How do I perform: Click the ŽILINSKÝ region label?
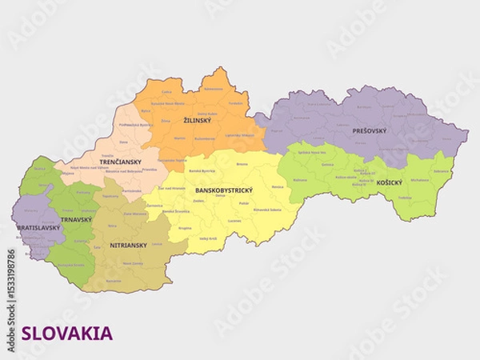click(x=197, y=121)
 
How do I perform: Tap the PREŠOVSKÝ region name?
click(x=369, y=129)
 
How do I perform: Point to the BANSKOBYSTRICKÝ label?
click(x=224, y=190)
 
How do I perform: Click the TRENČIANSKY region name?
click(x=121, y=162)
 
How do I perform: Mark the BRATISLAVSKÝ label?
click(x=38, y=228)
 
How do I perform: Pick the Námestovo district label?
click(x=213, y=89)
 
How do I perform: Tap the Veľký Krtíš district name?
click(x=208, y=238)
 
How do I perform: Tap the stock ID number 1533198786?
click(x=10, y=282)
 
